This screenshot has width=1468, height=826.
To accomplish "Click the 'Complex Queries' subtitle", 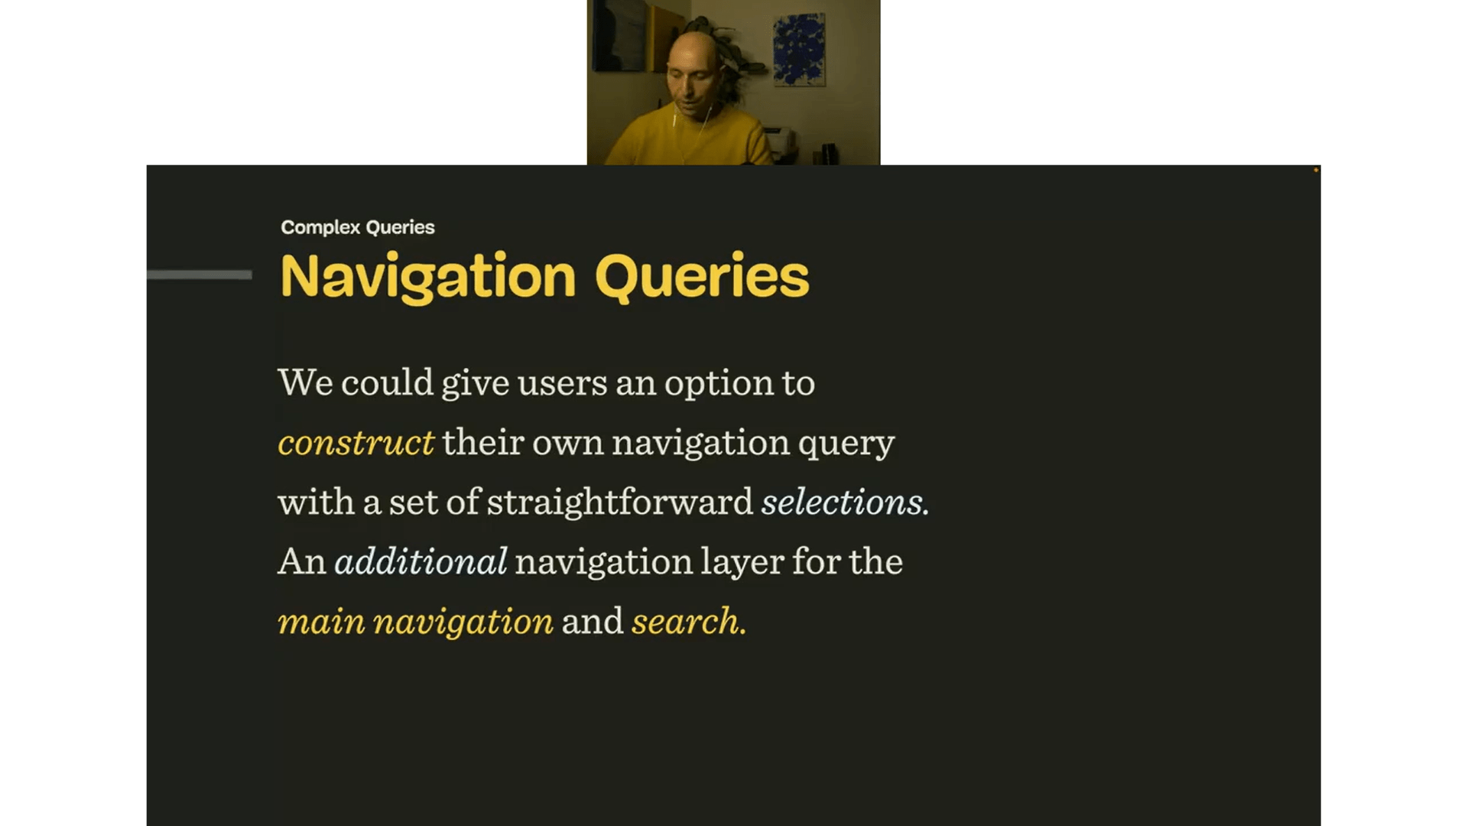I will point(357,227).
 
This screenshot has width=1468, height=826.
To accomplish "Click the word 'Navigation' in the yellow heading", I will point(428,277).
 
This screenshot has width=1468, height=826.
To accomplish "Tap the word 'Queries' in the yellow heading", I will point(701,277).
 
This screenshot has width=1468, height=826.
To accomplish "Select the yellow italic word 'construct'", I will point(356,443).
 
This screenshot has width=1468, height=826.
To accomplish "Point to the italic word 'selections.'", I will point(845,502).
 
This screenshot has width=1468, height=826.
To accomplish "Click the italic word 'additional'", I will point(421,562).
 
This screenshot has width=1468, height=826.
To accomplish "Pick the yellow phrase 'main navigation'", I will point(415,622).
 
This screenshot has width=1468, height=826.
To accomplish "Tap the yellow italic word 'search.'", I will point(688,622).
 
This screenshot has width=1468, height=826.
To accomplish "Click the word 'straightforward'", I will point(620,502).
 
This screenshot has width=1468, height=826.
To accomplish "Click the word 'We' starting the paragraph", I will point(305,382).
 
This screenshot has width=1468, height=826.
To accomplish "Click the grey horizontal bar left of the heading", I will point(200,275).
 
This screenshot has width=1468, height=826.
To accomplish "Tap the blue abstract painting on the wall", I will point(799,49).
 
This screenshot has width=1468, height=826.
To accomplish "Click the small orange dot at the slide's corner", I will point(1316,170).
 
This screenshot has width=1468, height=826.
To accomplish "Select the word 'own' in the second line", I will point(567,443).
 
